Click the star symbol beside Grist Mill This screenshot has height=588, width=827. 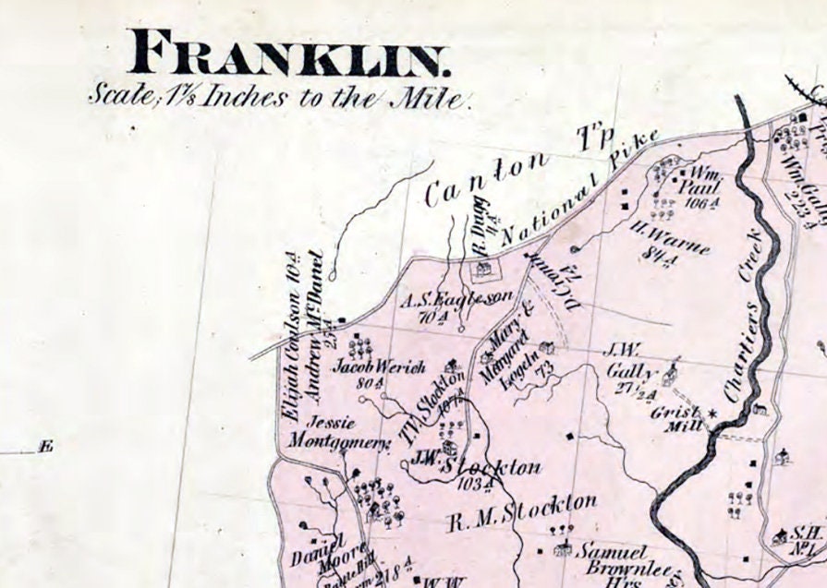pos(711,414)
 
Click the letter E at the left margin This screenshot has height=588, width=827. pos(45,448)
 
